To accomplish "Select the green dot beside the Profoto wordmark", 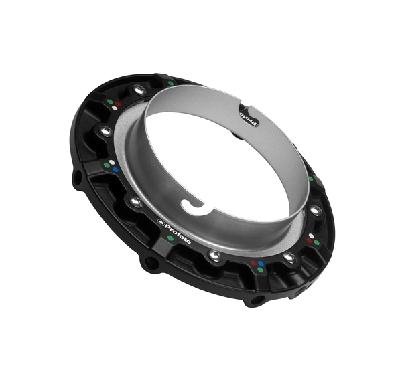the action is tap(170, 238).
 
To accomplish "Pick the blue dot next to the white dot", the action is tap(115, 169).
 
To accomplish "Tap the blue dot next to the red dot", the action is tap(261, 263).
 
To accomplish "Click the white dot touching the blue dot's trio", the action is tap(112, 162).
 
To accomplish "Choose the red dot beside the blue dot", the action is tap(253, 263).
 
